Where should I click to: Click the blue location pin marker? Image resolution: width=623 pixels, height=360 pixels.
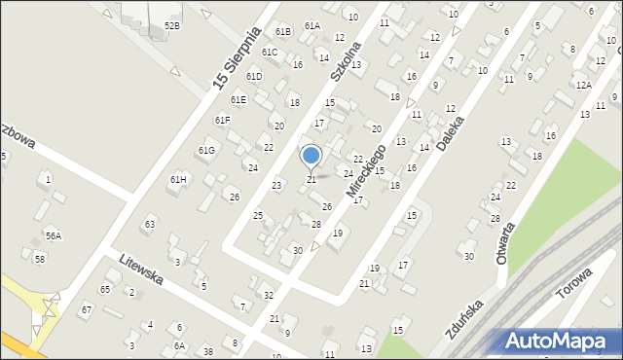point(311,156)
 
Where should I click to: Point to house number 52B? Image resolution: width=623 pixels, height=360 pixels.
point(172,25)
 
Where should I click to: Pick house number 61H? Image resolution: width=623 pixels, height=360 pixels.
point(178,180)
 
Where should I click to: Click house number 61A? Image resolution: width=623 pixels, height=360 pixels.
point(311,25)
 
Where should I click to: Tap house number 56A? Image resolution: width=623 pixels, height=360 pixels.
point(53,235)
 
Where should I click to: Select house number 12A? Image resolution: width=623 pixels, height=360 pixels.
point(582,86)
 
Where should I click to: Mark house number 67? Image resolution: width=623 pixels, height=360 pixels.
point(86,309)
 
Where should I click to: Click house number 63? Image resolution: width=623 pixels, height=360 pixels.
point(149,225)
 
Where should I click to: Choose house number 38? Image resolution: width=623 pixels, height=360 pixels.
point(207,350)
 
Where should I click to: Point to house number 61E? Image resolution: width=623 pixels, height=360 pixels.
point(238,99)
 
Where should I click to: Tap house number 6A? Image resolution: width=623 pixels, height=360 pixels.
point(179,345)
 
